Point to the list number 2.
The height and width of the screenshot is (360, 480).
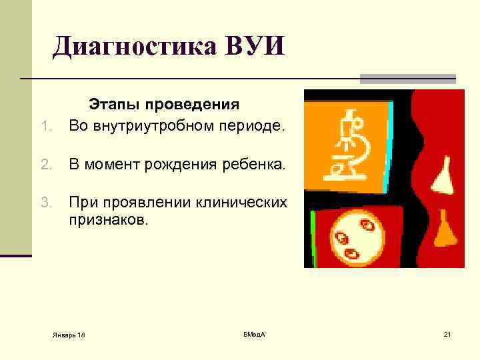point(45,164)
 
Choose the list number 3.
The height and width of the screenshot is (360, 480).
point(45,201)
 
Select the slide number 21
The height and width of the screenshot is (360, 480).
point(447,333)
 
